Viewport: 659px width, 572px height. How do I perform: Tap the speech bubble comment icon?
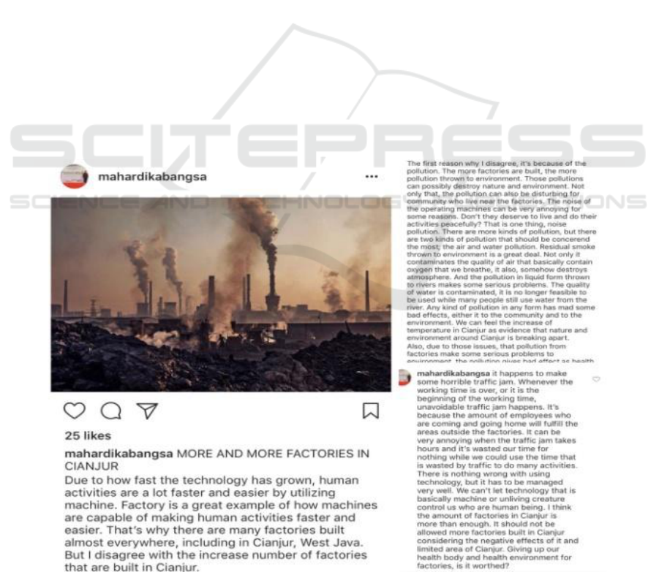(x=110, y=411)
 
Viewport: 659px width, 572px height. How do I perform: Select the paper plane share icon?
(x=148, y=411)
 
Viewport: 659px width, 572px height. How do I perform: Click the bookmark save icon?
(x=371, y=411)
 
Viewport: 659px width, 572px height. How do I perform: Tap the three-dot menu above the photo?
(x=372, y=177)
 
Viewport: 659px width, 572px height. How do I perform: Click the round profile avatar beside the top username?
(x=74, y=177)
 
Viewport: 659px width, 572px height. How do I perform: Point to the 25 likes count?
(x=88, y=436)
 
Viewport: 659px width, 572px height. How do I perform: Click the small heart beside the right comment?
(x=595, y=379)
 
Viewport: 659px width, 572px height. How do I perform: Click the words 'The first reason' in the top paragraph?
(x=431, y=163)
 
